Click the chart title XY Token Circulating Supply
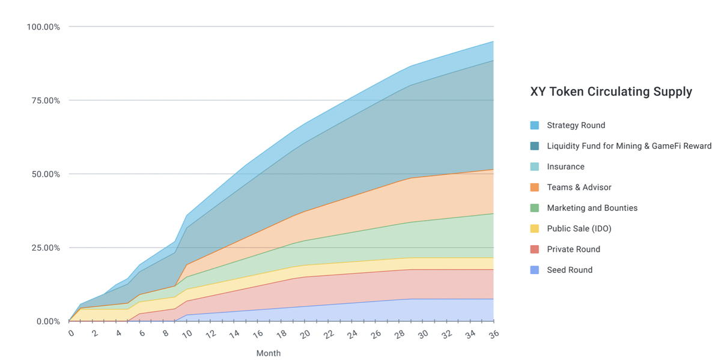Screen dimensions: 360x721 coord(611,92)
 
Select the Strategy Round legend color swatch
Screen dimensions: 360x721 coord(534,126)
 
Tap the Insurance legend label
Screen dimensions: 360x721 coord(565,166)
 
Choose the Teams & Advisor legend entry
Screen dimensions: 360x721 coord(579,188)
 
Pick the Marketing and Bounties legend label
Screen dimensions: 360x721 coord(592,208)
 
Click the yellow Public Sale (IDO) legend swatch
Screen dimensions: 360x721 coord(534,228)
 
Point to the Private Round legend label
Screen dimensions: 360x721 coord(573,249)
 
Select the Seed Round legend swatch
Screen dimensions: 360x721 coord(534,270)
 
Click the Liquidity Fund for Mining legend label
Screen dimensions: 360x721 coord(628,146)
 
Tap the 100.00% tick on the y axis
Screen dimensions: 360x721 coord(43,27)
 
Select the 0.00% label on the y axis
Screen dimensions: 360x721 coord(47,322)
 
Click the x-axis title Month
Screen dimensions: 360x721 coord(268,353)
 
